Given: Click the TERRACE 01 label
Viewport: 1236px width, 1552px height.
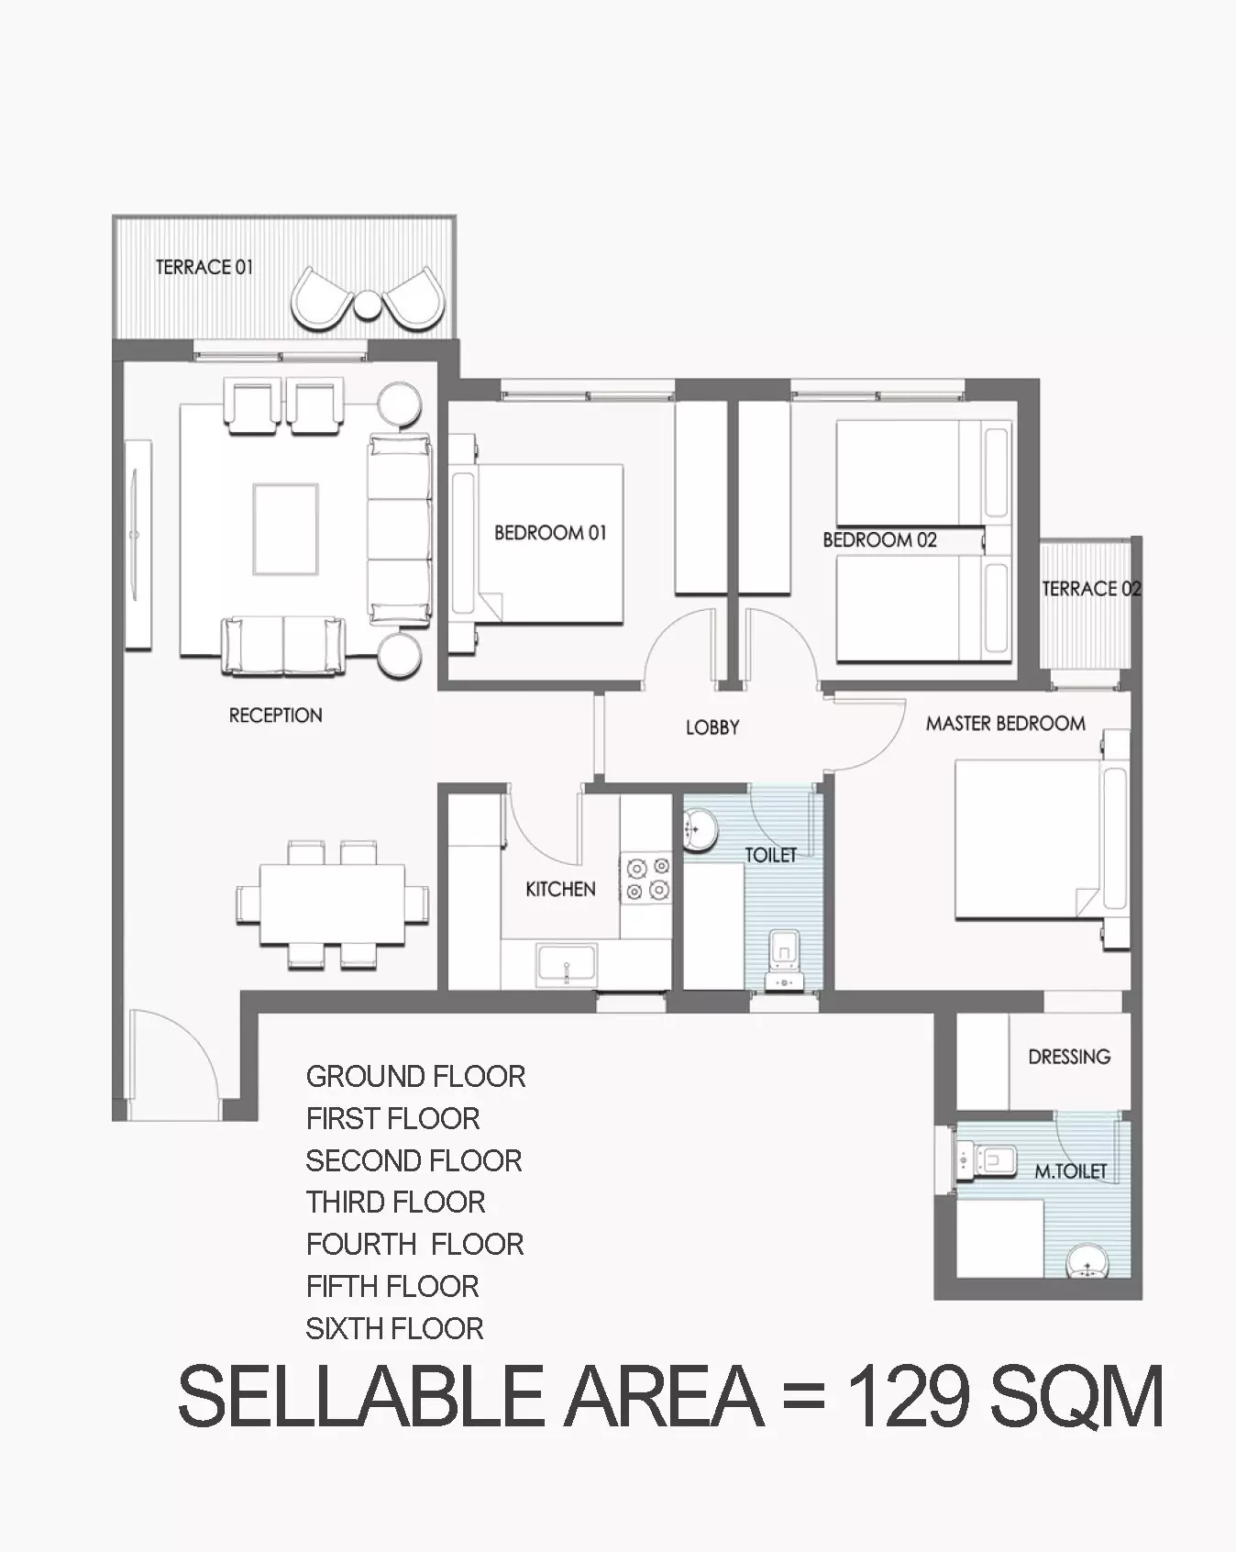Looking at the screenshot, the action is [x=204, y=267].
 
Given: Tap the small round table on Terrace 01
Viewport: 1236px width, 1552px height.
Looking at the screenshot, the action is [x=367, y=304].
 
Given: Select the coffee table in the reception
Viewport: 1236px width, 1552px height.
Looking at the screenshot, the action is [x=286, y=529].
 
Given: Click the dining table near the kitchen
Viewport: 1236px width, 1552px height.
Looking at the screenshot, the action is [x=332, y=904].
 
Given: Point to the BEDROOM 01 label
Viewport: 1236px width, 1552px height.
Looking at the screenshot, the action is [x=550, y=533].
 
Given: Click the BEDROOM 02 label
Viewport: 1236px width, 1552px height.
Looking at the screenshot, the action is [x=879, y=540].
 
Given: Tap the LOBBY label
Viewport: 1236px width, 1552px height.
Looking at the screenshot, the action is [x=712, y=727].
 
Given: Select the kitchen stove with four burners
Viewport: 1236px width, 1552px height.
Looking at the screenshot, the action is [x=647, y=878].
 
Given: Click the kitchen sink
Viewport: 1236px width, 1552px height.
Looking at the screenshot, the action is [x=567, y=965].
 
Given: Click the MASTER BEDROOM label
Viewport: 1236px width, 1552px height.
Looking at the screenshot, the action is [x=1005, y=724].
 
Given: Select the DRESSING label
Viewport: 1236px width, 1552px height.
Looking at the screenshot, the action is [x=1069, y=1057].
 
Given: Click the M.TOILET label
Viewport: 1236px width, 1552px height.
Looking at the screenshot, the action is [x=1070, y=1171].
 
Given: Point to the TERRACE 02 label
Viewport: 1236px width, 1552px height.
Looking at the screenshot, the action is [x=1091, y=589].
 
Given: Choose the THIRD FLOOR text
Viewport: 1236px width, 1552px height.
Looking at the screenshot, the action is [x=395, y=1202].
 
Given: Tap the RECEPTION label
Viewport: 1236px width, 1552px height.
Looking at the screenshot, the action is [x=275, y=715].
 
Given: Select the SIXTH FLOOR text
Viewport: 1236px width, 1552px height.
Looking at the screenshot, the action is [x=394, y=1328].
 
